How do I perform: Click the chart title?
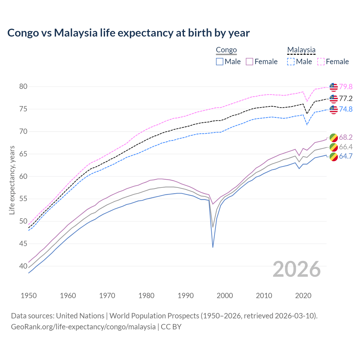(x=129, y=33)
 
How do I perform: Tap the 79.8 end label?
(x=346, y=87)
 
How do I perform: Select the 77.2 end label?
(x=346, y=98)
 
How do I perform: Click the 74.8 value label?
(x=346, y=109)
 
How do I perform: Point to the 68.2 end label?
(x=346, y=137)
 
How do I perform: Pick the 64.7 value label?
(x=346, y=156)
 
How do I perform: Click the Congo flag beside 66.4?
(x=334, y=147)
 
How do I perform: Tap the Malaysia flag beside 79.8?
(x=334, y=87)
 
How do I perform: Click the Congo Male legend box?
(x=220, y=62)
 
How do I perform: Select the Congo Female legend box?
(x=249, y=62)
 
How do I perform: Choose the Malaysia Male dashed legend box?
(x=291, y=62)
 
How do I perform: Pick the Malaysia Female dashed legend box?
(x=321, y=62)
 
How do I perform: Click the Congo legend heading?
(x=226, y=50)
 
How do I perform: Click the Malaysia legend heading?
(x=301, y=50)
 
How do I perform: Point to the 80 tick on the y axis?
(x=23, y=87)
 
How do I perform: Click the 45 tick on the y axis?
(x=23, y=244)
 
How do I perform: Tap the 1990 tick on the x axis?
(x=186, y=296)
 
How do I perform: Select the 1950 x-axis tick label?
(x=29, y=296)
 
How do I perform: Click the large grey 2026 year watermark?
(x=296, y=269)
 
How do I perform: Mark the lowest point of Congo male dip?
(x=213, y=247)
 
